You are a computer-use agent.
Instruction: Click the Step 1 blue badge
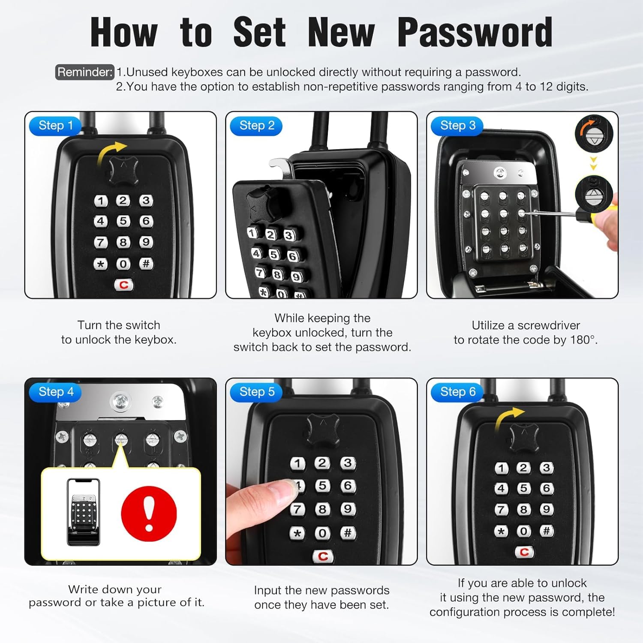[55, 126]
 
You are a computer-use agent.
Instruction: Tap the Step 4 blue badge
[55, 392]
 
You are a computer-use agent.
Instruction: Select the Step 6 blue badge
[457, 392]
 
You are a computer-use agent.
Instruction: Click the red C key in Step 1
[124, 285]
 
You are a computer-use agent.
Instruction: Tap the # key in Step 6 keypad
[546, 531]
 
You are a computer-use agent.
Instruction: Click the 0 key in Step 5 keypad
[322, 533]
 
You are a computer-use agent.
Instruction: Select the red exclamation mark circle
[149, 513]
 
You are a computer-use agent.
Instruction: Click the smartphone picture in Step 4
[84, 512]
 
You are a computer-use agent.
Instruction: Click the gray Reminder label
[84, 72]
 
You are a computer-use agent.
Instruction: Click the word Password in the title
[475, 33]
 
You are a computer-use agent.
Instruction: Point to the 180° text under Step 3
[583, 340]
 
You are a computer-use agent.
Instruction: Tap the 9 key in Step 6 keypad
[546, 509]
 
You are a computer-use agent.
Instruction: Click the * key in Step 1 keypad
[101, 264]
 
